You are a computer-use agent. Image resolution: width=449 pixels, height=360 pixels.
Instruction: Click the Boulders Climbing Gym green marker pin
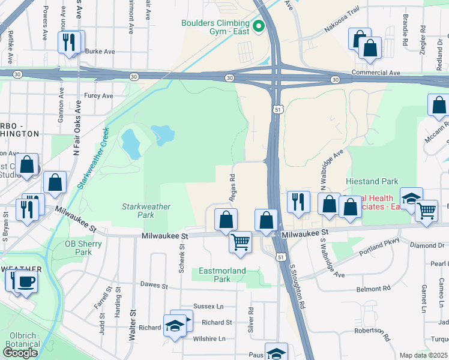[x=259, y=26]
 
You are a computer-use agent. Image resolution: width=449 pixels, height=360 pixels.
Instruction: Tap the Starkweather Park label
[x=146, y=211]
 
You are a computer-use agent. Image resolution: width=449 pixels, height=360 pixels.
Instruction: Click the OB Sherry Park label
[x=79, y=248]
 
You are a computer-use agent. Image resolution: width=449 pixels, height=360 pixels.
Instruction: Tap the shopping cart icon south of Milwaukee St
[x=240, y=242]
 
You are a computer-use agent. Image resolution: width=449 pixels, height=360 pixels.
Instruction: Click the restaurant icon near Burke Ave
[x=68, y=42]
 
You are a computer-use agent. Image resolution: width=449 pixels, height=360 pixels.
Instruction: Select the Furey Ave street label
[x=98, y=95]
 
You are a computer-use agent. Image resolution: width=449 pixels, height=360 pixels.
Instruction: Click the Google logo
[x=20, y=352]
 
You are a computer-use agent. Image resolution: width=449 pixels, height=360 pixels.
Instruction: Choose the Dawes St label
[x=154, y=284]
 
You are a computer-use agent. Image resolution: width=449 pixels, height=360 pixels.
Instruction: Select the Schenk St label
[x=181, y=259]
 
